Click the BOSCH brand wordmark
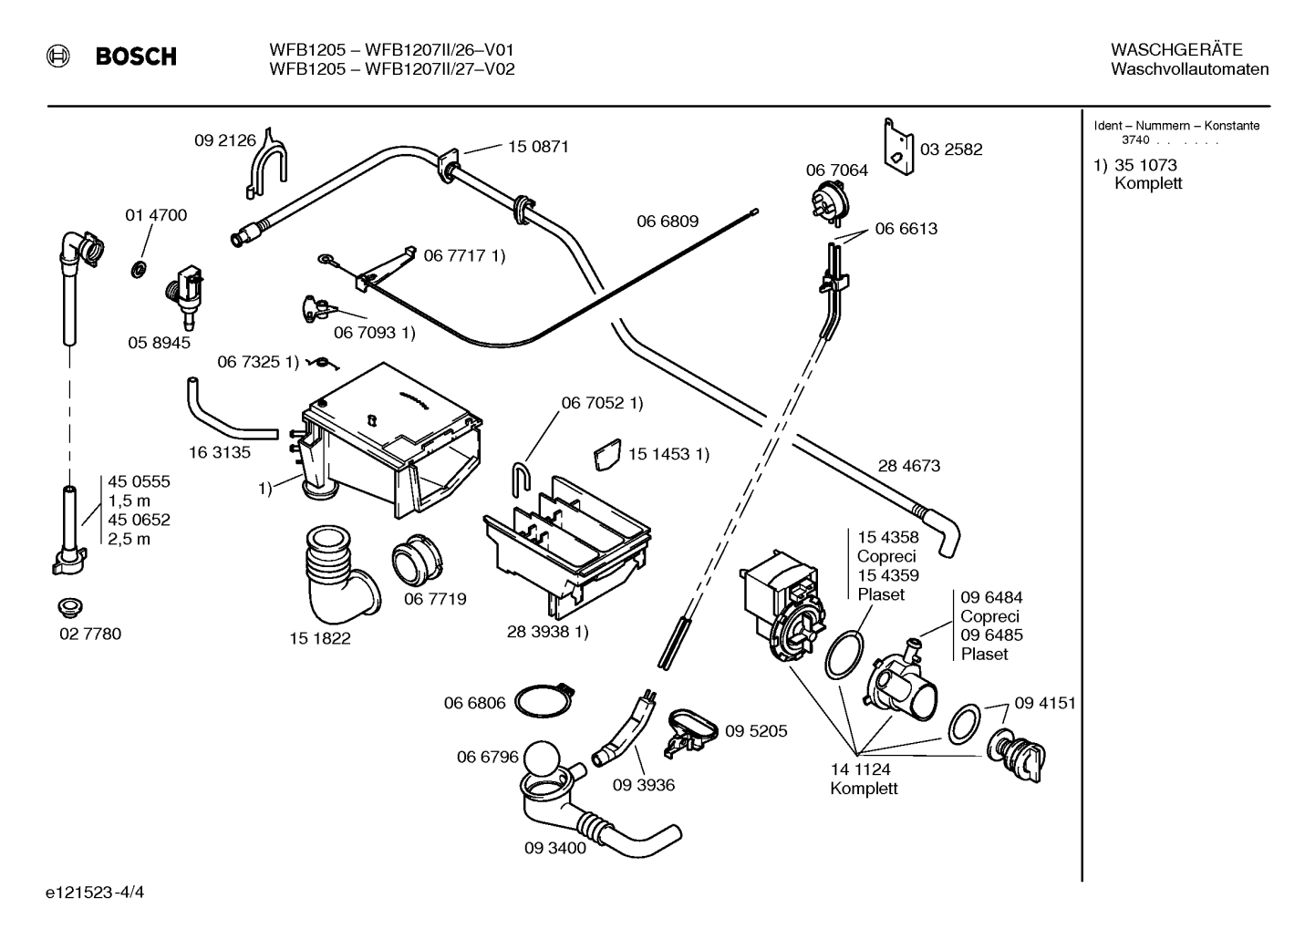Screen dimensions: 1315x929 click(136, 57)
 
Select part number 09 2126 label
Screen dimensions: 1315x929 click(225, 140)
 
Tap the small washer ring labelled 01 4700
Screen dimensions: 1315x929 click(139, 270)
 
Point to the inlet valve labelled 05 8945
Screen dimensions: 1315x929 click(185, 296)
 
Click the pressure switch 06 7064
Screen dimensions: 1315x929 click(829, 204)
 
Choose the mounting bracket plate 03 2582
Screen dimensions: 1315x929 click(899, 147)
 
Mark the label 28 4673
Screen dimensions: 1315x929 click(909, 465)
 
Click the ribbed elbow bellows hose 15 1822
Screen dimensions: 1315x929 click(340, 575)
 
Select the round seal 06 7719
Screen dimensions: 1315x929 click(417, 560)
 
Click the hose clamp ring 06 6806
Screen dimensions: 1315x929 click(544, 700)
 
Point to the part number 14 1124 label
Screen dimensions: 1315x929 click(860, 769)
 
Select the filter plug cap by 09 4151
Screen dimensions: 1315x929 click(1016, 755)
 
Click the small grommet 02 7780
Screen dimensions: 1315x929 click(70, 607)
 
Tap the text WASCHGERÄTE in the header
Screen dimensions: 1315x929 click(1176, 49)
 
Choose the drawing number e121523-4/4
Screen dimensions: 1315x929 click(95, 893)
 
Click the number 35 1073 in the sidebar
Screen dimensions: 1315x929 click(1145, 165)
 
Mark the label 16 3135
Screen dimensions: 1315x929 click(220, 452)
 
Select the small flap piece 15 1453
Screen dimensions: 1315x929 click(607, 454)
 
